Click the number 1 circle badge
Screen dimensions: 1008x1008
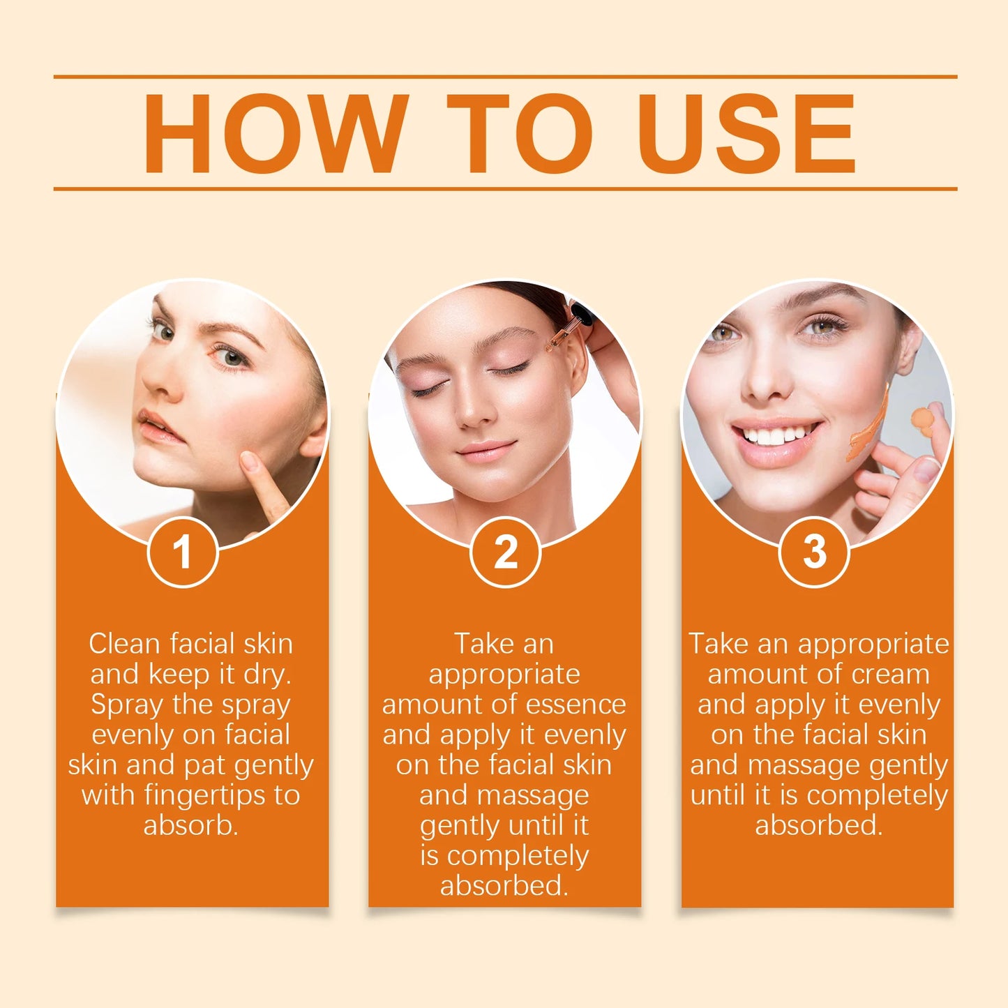coord(183,552)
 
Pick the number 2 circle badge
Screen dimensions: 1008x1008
coord(505,552)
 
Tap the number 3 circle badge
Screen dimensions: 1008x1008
coord(813,552)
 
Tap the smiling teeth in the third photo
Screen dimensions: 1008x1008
coord(774,437)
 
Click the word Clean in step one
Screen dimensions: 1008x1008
coord(125,644)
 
